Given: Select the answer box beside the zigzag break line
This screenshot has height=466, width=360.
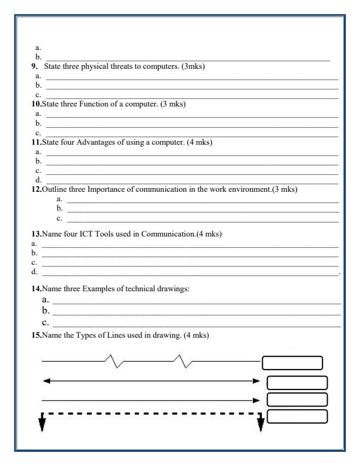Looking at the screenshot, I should point(292,362).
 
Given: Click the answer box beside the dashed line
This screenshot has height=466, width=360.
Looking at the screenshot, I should point(297,416).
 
